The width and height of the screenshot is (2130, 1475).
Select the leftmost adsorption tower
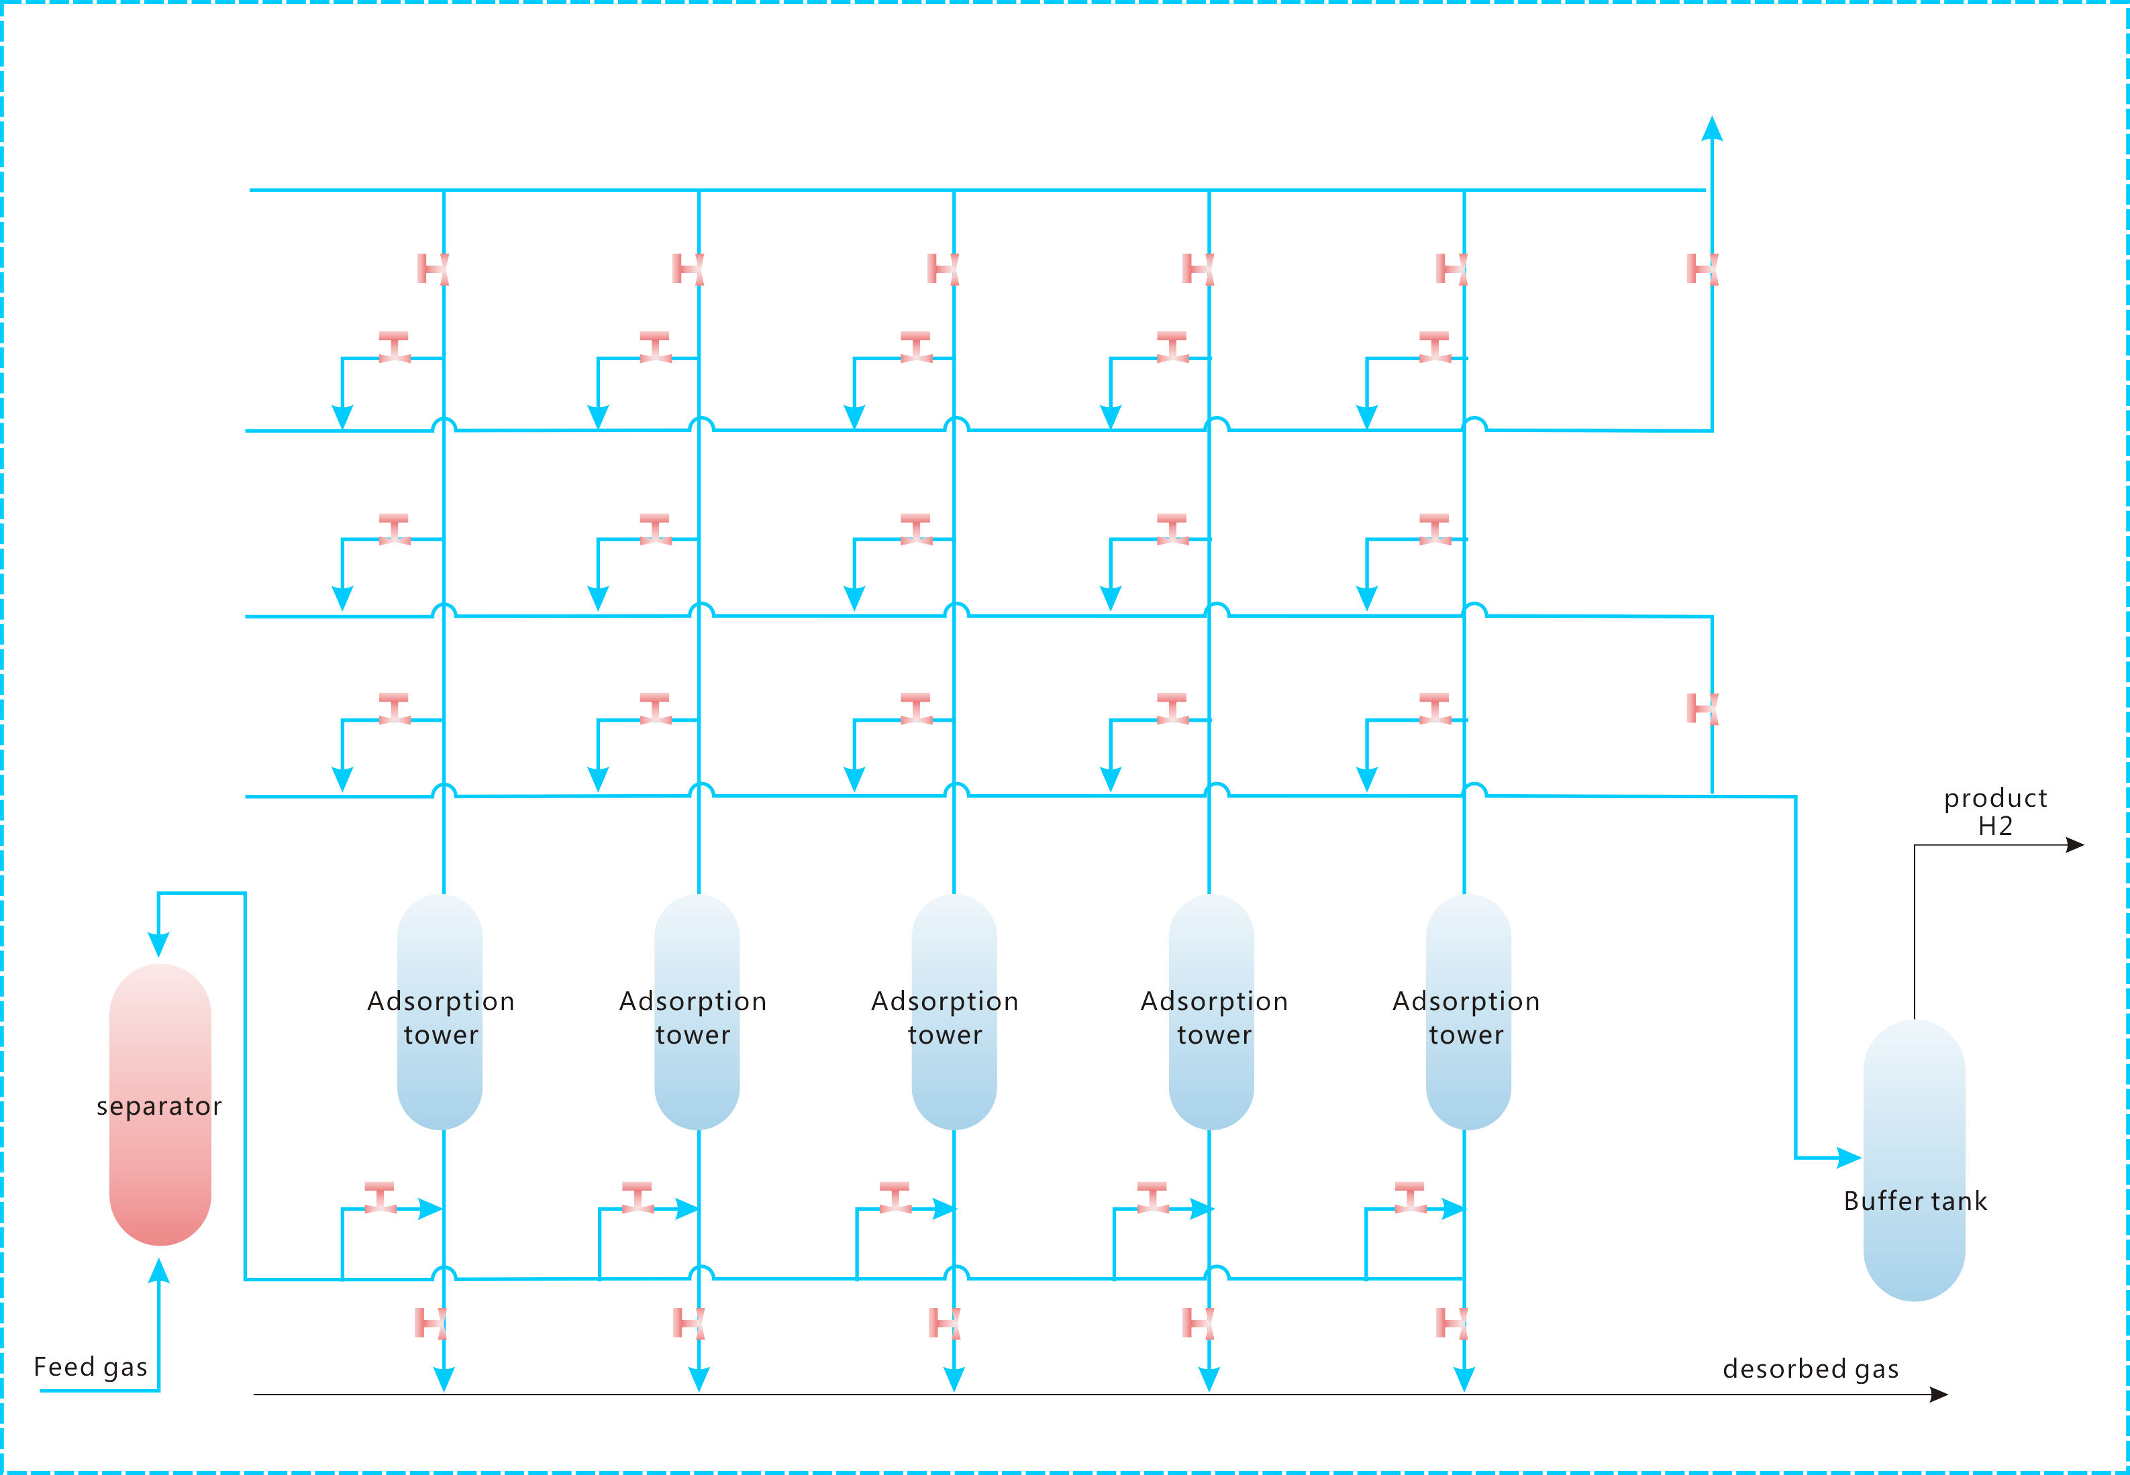[x=440, y=1012]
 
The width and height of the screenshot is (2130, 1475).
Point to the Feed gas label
[x=91, y=1367]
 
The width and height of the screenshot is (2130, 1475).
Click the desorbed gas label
[x=1810, y=1369]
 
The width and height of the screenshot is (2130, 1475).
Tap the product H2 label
[x=1995, y=812]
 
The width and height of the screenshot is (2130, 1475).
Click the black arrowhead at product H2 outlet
[x=2074, y=844]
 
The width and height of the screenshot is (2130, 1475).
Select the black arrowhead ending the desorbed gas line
[x=1939, y=1395]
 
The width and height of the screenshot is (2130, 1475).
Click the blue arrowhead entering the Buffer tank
[x=1849, y=1157]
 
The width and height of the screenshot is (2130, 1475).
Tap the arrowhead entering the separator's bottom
[x=159, y=1272]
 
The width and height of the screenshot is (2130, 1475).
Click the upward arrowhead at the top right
[x=1712, y=129]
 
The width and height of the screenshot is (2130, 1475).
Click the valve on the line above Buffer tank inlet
[x=1702, y=709]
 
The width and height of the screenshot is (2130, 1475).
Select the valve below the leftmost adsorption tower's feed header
[x=432, y=1323]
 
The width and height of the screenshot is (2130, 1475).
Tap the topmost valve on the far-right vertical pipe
[x=1702, y=269]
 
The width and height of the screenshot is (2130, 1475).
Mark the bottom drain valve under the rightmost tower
[x=1452, y=1323]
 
